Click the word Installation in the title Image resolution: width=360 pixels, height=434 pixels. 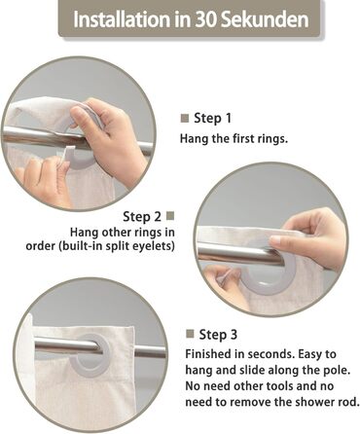click(x=123, y=19)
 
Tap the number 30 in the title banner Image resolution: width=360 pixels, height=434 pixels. click(x=206, y=19)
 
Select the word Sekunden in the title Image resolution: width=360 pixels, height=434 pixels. click(x=265, y=19)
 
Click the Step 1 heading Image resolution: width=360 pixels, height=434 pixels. click(x=213, y=118)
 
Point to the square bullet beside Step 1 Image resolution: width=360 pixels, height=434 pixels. click(x=185, y=118)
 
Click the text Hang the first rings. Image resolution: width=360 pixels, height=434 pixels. click(x=234, y=139)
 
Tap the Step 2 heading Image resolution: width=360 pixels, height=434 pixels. click(x=142, y=217)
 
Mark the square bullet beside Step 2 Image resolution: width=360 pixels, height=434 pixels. click(x=170, y=216)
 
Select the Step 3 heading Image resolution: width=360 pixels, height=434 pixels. click(x=218, y=335)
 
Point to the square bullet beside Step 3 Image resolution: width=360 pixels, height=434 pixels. click(x=190, y=334)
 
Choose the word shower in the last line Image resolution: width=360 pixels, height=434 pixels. click(x=313, y=402)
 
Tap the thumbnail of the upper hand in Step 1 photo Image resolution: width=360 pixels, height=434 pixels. click(x=77, y=115)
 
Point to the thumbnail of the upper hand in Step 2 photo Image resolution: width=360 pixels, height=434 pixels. click(x=275, y=240)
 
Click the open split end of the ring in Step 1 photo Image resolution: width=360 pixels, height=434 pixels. click(x=67, y=152)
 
